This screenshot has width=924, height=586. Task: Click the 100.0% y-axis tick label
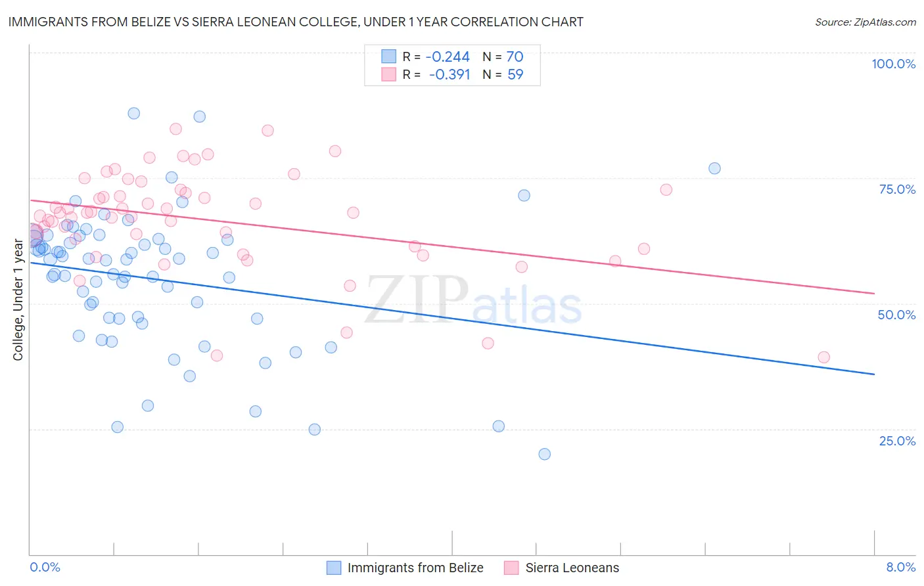893,64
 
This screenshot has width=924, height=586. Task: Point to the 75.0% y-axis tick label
897,189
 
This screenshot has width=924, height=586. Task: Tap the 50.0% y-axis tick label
896,315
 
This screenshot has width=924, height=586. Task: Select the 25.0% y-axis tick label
897,441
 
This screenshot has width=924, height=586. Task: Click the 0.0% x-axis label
45,567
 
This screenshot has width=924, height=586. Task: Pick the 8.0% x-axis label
900,567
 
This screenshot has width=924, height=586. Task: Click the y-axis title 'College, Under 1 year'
18,300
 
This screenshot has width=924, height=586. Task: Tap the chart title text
296,22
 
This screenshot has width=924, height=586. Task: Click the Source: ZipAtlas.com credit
865,22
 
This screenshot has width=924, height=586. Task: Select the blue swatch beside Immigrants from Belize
334,568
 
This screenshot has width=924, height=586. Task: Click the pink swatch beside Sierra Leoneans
512,568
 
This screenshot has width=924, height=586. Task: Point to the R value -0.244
448,56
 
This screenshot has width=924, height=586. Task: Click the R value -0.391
450,74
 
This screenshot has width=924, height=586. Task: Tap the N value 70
515,56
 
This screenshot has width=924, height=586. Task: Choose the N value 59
515,74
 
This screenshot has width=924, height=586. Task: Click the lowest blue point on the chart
544,454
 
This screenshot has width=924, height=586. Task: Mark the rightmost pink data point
823,357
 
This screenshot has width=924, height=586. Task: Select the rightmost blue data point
714,168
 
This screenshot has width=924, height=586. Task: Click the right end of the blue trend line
874,374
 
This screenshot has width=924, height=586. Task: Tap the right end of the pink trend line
874,293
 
